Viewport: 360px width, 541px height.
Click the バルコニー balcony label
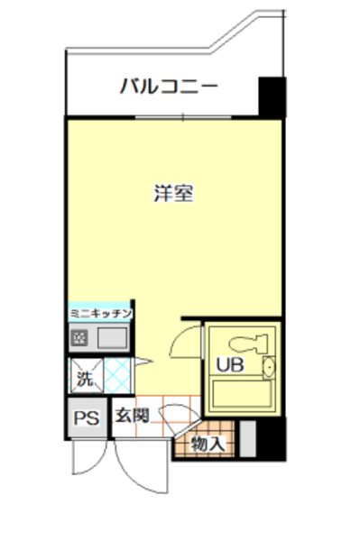(x=169, y=87)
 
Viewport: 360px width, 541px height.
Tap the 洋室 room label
(x=174, y=193)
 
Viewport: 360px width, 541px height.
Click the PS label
(x=87, y=417)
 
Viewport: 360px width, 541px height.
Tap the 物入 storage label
(x=208, y=444)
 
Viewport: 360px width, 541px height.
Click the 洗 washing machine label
(x=84, y=378)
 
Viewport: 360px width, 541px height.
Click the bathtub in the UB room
(x=242, y=393)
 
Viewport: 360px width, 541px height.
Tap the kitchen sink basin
(x=113, y=339)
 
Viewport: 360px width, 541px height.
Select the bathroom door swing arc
(x=186, y=338)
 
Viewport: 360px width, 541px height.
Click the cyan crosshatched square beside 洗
(x=117, y=372)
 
